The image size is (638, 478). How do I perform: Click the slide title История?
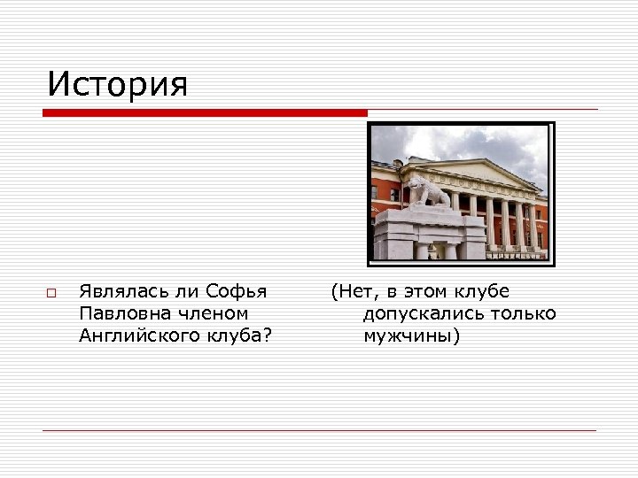tap(118, 85)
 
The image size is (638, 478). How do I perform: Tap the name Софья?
tap(237, 291)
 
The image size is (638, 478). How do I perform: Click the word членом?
tap(208, 313)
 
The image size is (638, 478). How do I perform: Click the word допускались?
tap(422, 313)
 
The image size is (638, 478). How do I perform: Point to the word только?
tap(524, 313)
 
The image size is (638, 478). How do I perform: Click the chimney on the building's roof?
tap(398, 163)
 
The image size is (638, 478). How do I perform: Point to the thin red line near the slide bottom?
tap(319, 430)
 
